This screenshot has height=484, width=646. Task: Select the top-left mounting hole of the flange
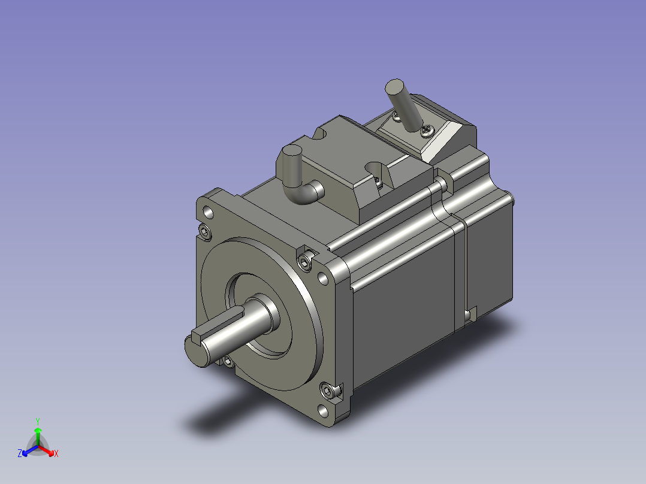point(209,213)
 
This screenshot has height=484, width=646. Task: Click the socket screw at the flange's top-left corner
point(205,232)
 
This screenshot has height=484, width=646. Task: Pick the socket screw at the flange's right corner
point(305,262)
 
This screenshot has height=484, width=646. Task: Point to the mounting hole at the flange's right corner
point(324,279)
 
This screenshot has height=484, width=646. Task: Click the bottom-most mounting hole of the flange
point(324,411)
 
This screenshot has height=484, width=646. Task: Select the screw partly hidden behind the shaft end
point(228,362)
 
